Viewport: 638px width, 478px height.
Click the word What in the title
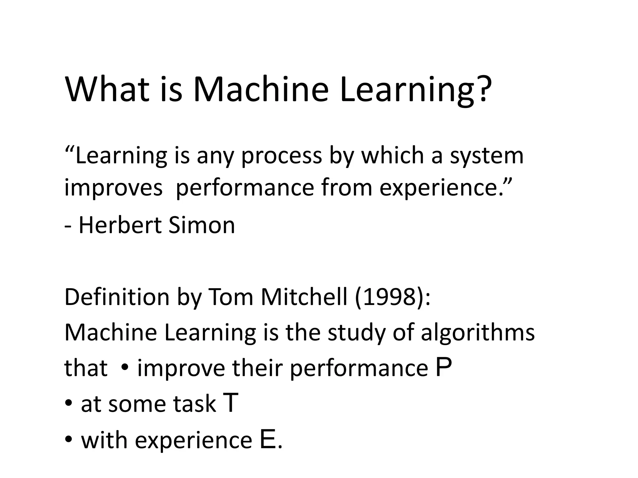click(107, 89)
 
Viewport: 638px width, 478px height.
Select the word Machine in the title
click(261, 89)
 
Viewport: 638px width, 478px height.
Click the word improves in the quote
click(113, 189)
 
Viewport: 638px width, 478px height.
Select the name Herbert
click(120, 225)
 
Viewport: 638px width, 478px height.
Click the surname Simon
click(202, 225)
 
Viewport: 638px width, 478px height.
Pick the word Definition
click(117, 297)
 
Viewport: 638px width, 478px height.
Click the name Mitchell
click(304, 297)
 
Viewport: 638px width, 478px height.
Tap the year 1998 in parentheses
click(389, 297)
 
